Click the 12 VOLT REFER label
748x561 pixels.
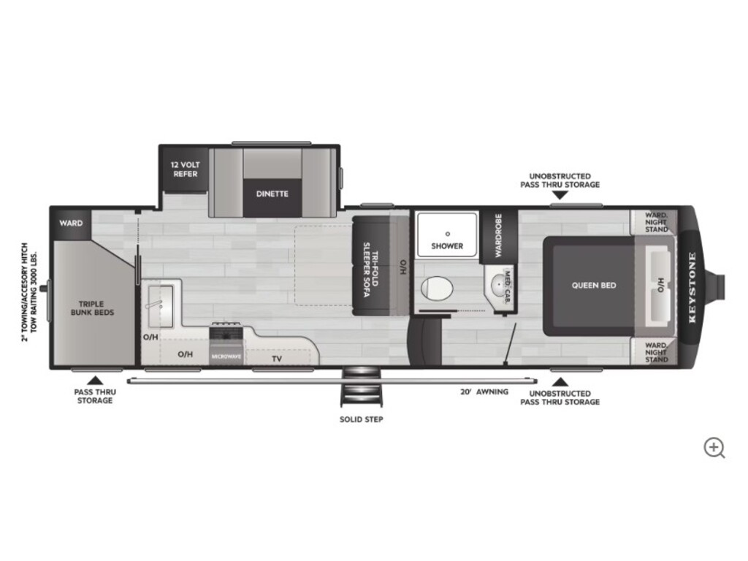tap(185, 169)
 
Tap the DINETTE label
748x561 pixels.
tap(272, 194)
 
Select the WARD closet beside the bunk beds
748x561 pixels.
tap(71, 223)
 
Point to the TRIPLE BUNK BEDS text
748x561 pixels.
tap(92, 308)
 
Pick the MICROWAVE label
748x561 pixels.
tap(226, 356)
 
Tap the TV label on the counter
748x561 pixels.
tap(277, 359)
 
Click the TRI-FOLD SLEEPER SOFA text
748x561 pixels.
tap(371, 267)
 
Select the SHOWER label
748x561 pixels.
tap(447, 246)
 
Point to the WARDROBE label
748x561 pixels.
tap(498, 235)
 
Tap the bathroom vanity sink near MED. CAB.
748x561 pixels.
tap(497, 286)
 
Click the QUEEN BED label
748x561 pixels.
tap(594, 286)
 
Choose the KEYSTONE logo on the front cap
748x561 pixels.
tap(692, 288)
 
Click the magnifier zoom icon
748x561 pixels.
tap(714, 449)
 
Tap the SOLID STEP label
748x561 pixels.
tap(361, 420)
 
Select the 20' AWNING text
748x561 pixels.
tap(484, 392)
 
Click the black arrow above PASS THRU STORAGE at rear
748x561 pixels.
tap(96, 380)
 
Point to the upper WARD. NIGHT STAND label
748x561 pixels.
tap(657, 222)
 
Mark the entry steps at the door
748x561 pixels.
tap(362, 386)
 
